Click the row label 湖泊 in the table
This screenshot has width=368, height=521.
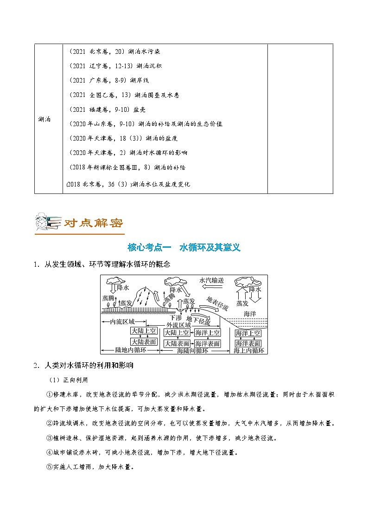pos(45,119)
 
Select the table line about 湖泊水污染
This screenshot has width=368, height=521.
pos(114,51)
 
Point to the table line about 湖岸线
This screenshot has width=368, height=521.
pos(108,80)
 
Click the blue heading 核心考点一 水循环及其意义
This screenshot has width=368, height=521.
pos(184,247)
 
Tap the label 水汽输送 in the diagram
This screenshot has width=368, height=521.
pos(211,280)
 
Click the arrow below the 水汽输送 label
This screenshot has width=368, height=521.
pos(211,288)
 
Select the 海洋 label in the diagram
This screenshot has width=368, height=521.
pos(250,314)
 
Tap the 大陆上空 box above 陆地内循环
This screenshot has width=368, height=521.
pos(144,332)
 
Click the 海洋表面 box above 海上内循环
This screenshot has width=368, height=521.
pos(248,343)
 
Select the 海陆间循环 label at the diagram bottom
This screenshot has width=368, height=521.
pos(195,351)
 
